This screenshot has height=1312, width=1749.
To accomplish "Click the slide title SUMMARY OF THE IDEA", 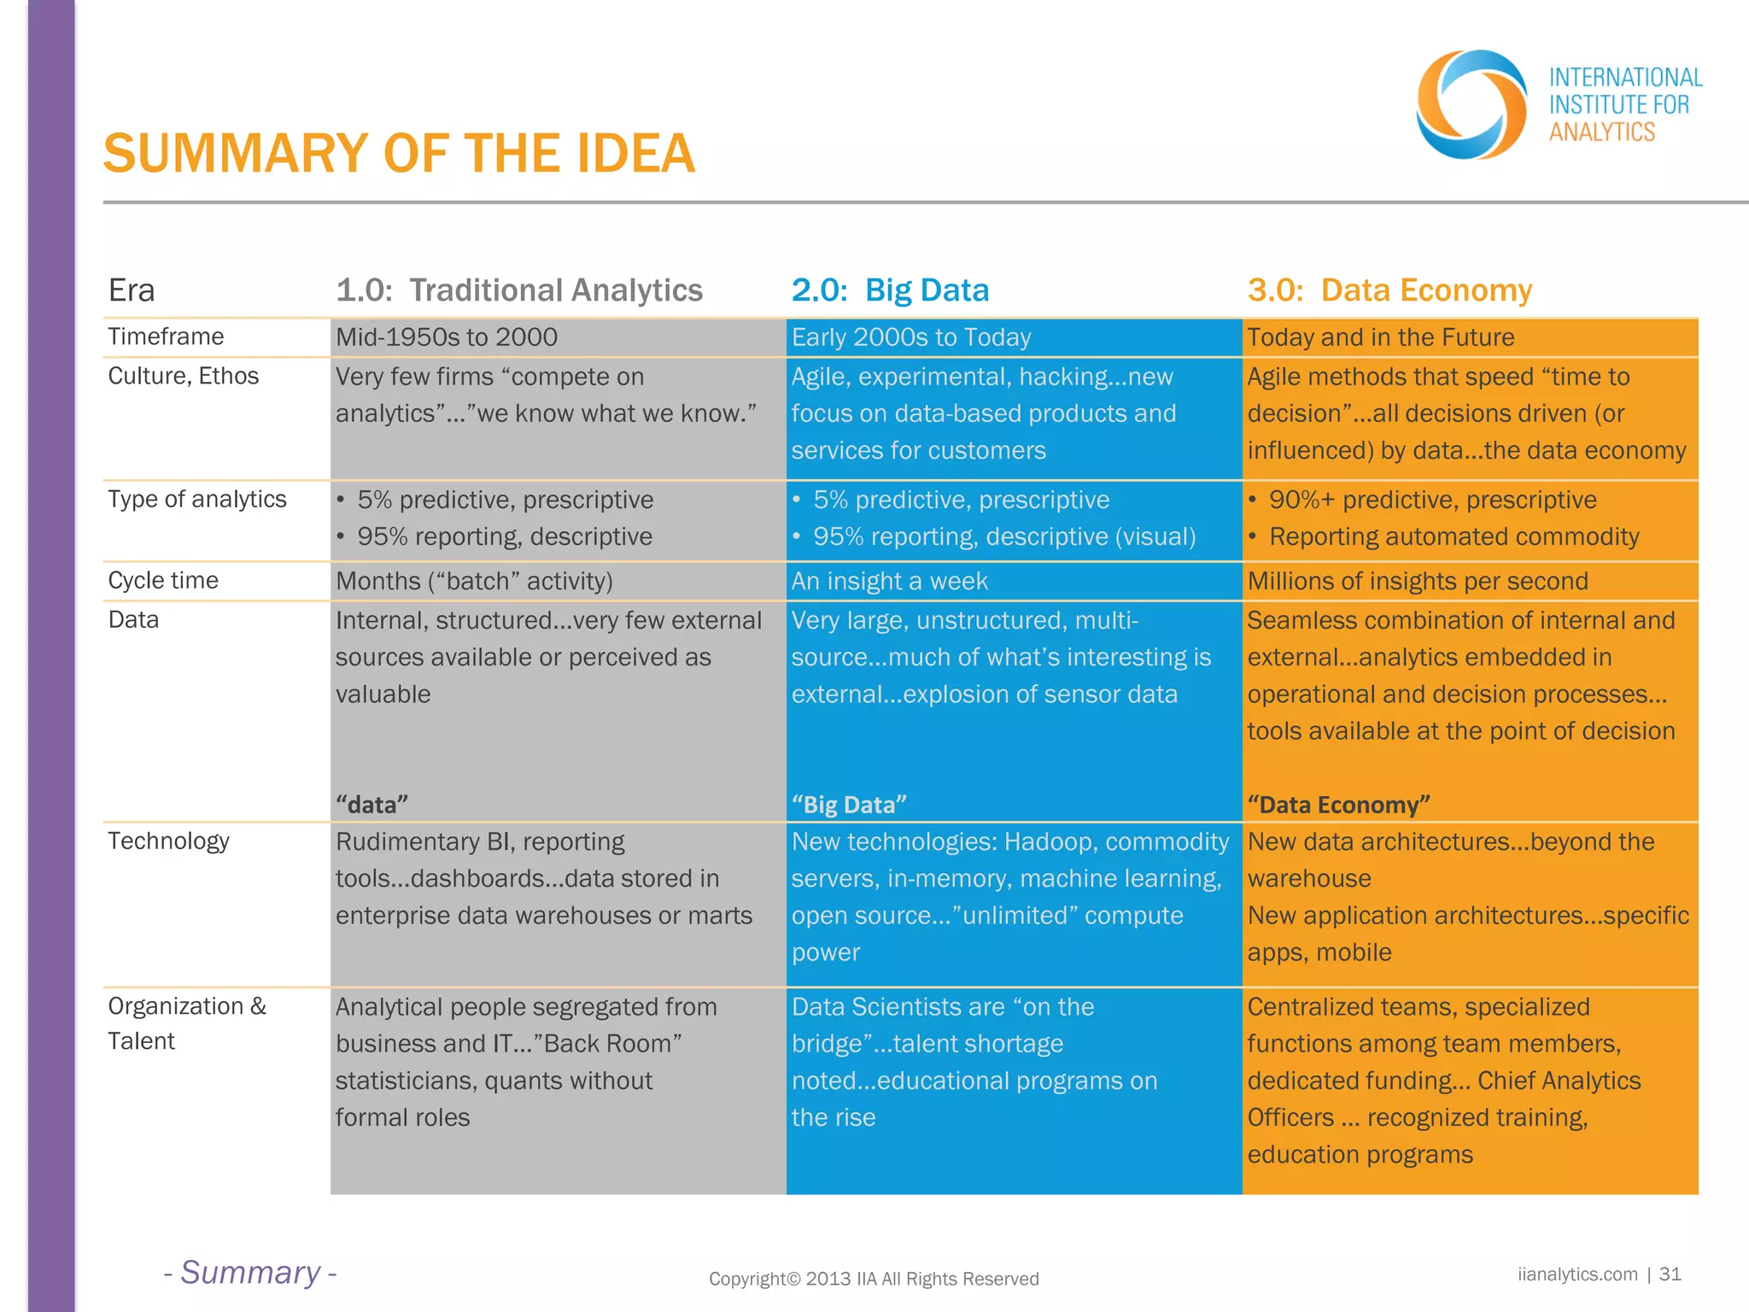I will click(399, 154).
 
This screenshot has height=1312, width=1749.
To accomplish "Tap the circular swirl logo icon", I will click(1471, 104).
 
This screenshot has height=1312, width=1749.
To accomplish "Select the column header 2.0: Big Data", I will click(890, 290).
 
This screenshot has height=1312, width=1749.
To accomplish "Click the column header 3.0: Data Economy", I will click(1389, 290).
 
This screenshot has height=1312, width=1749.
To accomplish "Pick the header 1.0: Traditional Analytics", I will click(519, 290).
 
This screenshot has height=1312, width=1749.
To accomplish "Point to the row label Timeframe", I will click(166, 337).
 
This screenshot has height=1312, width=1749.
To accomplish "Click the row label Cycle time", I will click(163, 581).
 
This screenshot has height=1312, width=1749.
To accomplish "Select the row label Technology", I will click(168, 841).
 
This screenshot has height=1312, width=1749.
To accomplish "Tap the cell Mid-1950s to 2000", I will click(447, 337).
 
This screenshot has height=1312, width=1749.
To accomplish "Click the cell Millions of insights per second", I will click(1418, 582).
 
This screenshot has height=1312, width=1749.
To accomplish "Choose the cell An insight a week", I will click(889, 582).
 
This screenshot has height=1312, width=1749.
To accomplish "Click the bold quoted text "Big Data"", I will click(849, 805).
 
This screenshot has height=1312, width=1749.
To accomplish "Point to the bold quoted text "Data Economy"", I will click(1338, 805).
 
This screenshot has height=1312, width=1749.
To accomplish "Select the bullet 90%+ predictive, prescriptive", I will click(1432, 500).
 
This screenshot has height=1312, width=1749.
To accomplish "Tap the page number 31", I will click(1670, 1274).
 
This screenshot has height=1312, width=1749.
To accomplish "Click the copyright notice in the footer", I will click(874, 1279).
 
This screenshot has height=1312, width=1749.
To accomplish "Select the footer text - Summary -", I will click(250, 1273).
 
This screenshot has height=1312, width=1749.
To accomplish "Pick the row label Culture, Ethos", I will click(183, 376).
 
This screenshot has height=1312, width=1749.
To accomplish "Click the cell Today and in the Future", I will click(1380, 337).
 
